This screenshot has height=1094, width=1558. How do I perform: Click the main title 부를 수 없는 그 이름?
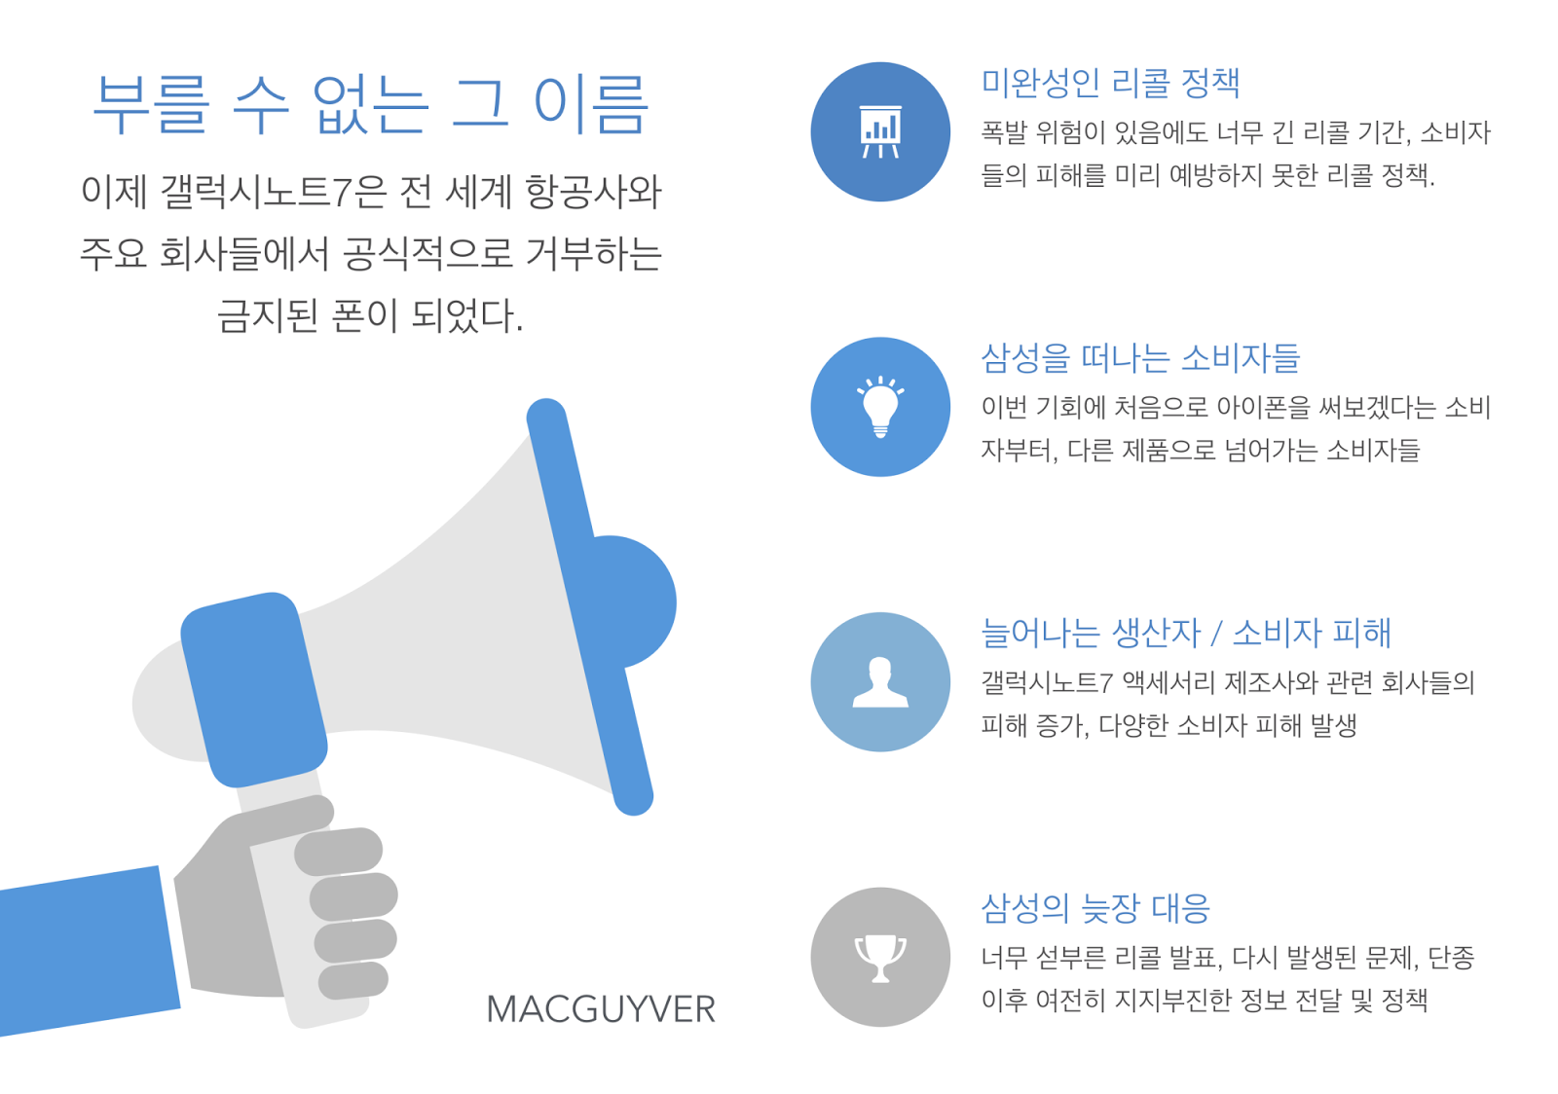(371, 104)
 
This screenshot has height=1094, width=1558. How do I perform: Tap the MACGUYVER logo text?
(601, 1009)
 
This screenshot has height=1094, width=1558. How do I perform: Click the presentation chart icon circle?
(880, 132)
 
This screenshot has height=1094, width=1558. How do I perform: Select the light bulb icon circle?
(880, 407)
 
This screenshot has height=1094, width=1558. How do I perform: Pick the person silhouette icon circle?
(880, 682)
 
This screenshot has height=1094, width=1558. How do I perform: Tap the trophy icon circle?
(880, 957)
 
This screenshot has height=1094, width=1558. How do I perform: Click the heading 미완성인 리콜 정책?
(1111, 83)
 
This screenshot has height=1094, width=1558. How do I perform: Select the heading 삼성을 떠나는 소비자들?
(1140, 358)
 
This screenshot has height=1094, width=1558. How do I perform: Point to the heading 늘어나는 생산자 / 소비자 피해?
(1186, 633)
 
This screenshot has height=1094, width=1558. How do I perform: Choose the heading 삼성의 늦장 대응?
(1095, 908)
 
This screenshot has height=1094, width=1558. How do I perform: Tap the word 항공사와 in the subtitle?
(593, 192)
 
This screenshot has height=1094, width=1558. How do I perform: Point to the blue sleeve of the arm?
(87, 951)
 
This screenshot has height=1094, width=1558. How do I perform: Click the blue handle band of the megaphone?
(254, 689)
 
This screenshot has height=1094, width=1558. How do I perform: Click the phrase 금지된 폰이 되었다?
(370, 316)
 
